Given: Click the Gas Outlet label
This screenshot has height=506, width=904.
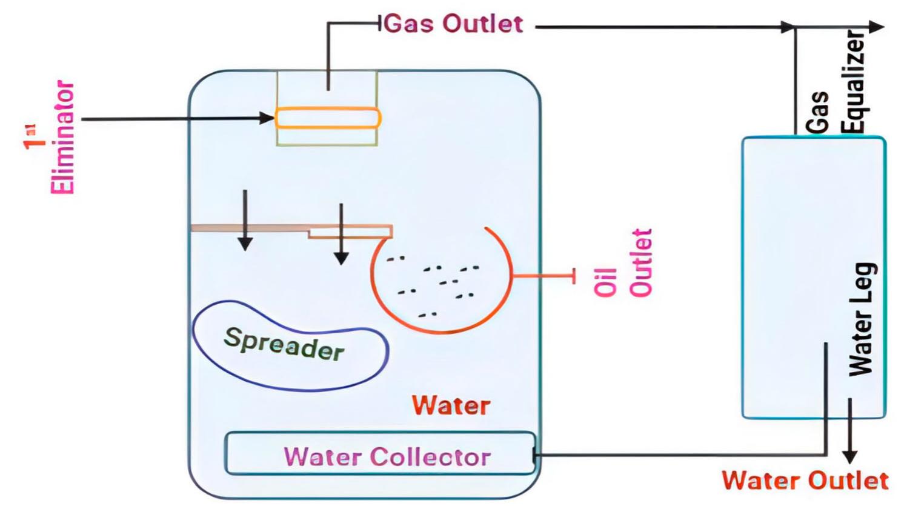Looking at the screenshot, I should (x=453, y=24).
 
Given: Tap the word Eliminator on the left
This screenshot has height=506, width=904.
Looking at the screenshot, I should (x=62, y=138).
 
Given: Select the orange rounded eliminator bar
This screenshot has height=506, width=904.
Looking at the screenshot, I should (x=328, y=118).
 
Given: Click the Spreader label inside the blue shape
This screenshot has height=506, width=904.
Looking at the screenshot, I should (x=284, y=344).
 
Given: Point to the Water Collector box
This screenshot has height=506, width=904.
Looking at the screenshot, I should (x=380, y=453).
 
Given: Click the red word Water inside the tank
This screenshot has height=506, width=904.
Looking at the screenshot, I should (x=451, y=405).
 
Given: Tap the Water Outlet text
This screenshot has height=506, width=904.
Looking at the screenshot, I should (x=805, y=481).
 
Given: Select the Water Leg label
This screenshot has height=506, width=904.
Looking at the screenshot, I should (x=861, y=319).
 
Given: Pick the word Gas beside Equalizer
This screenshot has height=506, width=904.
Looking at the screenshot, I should (x=818, y=113).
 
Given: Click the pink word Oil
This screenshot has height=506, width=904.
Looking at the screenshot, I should (x=605, y=282).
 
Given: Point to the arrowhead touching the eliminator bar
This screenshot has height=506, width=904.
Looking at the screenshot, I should (x=267, y=118).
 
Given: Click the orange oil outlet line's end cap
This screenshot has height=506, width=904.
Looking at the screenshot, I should (x=573, y=276).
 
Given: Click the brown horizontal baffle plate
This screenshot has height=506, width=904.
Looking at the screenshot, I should (x=248, y=228).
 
